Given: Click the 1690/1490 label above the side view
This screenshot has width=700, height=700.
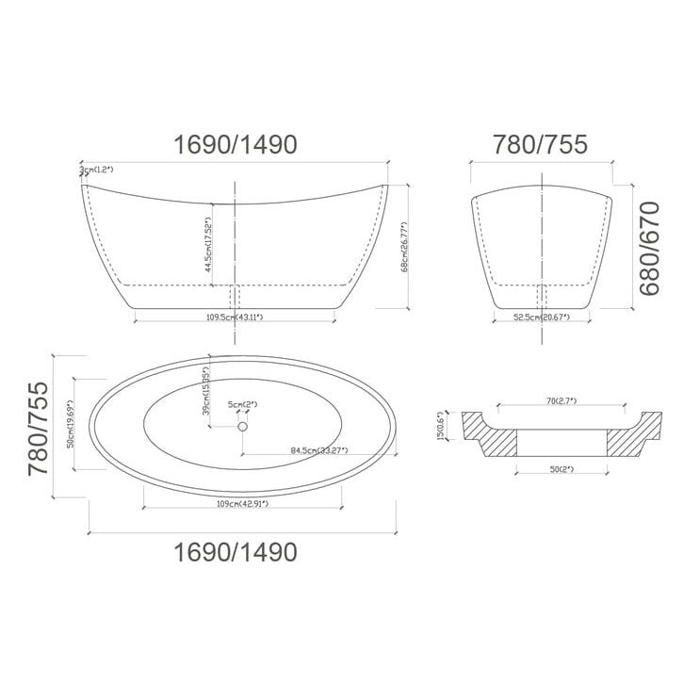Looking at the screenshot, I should (x=236, y=144).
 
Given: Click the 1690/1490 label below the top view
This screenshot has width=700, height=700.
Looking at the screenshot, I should (x=236, y=551).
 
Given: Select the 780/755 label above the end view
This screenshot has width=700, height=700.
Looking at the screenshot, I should (x=540, y=144).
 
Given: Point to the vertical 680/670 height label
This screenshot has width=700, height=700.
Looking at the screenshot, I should (x=649, y=250).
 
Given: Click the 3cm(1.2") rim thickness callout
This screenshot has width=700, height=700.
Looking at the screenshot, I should (x=96, y=170).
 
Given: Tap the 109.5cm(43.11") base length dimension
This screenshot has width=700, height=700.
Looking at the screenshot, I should (x=235, y=317).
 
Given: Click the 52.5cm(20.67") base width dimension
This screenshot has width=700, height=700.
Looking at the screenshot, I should (x=540, y=317).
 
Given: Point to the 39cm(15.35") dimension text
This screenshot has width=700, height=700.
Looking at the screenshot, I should (x=205, y=388).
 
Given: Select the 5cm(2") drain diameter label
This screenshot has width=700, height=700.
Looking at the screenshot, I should (x=242, y=405).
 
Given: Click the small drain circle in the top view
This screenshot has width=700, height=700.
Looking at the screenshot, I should (x=242, y=427).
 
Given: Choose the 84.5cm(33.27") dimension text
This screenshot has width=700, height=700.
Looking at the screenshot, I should (x=317, y=449).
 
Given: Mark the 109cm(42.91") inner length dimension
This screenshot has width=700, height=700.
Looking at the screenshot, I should (x=242, y=504).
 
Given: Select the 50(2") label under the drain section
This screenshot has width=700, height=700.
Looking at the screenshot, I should (x=560, y=468).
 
